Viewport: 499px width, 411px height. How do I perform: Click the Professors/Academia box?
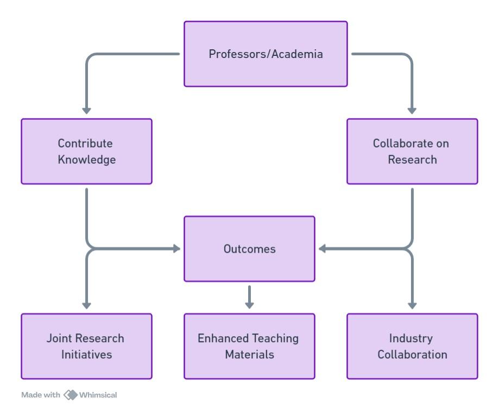(x=266, y=54)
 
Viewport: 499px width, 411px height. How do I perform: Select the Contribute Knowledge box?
(x=86, y=152)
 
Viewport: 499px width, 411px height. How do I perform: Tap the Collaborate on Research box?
(x=412, y=152)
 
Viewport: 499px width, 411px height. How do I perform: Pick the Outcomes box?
(x=249, y=249)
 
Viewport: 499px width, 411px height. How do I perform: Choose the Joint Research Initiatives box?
(x=86, y=346)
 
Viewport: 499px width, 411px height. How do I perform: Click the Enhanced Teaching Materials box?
(x=249, y=346)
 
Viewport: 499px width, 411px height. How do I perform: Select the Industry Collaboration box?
(x=412, y=346)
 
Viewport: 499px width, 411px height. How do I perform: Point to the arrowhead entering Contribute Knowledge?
(x=86, y=111)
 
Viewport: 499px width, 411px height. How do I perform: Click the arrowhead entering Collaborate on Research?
(x=412, y=111)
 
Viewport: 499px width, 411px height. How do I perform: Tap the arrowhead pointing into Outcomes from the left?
(x=176, y=249)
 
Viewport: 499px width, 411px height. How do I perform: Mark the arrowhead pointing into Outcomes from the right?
(x=323, y=249)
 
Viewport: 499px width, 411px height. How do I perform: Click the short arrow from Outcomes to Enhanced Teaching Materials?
(x=249, y=297)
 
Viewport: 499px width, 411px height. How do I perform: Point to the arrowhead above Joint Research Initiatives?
(x=86, y=306)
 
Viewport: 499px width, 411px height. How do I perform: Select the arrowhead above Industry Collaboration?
(x=412, y=306)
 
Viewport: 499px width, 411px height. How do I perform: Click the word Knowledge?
(x=86, y=160)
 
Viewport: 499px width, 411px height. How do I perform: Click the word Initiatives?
(x=86, y=355)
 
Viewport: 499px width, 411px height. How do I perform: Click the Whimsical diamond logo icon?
(x=71, y=394)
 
